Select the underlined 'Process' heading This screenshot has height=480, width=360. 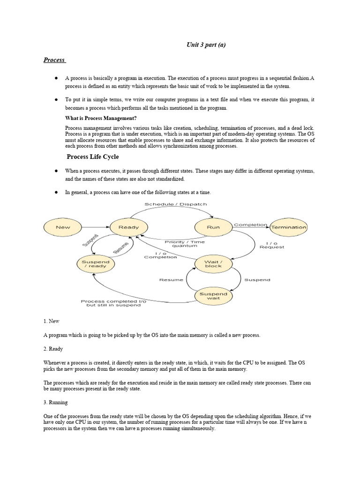click(54, 60)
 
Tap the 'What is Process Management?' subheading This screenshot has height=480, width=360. click(97, 118)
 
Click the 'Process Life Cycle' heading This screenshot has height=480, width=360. click(92, 157)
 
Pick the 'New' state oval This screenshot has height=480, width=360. click(63, 227)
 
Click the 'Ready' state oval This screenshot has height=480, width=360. click(129, 227)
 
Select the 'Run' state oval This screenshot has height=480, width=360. click(213, 227)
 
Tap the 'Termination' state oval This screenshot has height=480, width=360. click(289, 227)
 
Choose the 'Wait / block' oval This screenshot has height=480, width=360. click(213, 263)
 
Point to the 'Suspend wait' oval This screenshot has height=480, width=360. click(213, 296)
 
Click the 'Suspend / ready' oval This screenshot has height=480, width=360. click(96, 264)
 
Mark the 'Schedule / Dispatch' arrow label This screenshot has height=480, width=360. click(175, 204)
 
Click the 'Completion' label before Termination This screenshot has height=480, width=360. click(250, 225)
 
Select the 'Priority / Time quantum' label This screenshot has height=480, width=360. click(185, 244)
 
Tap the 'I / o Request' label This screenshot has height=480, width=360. click(272, 245)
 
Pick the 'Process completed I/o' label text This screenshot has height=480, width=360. click(113, 301)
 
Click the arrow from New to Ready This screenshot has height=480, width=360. click(96, 227)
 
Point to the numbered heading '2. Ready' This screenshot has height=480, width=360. click(53, 349)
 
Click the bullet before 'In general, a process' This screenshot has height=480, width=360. click(56, 192)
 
